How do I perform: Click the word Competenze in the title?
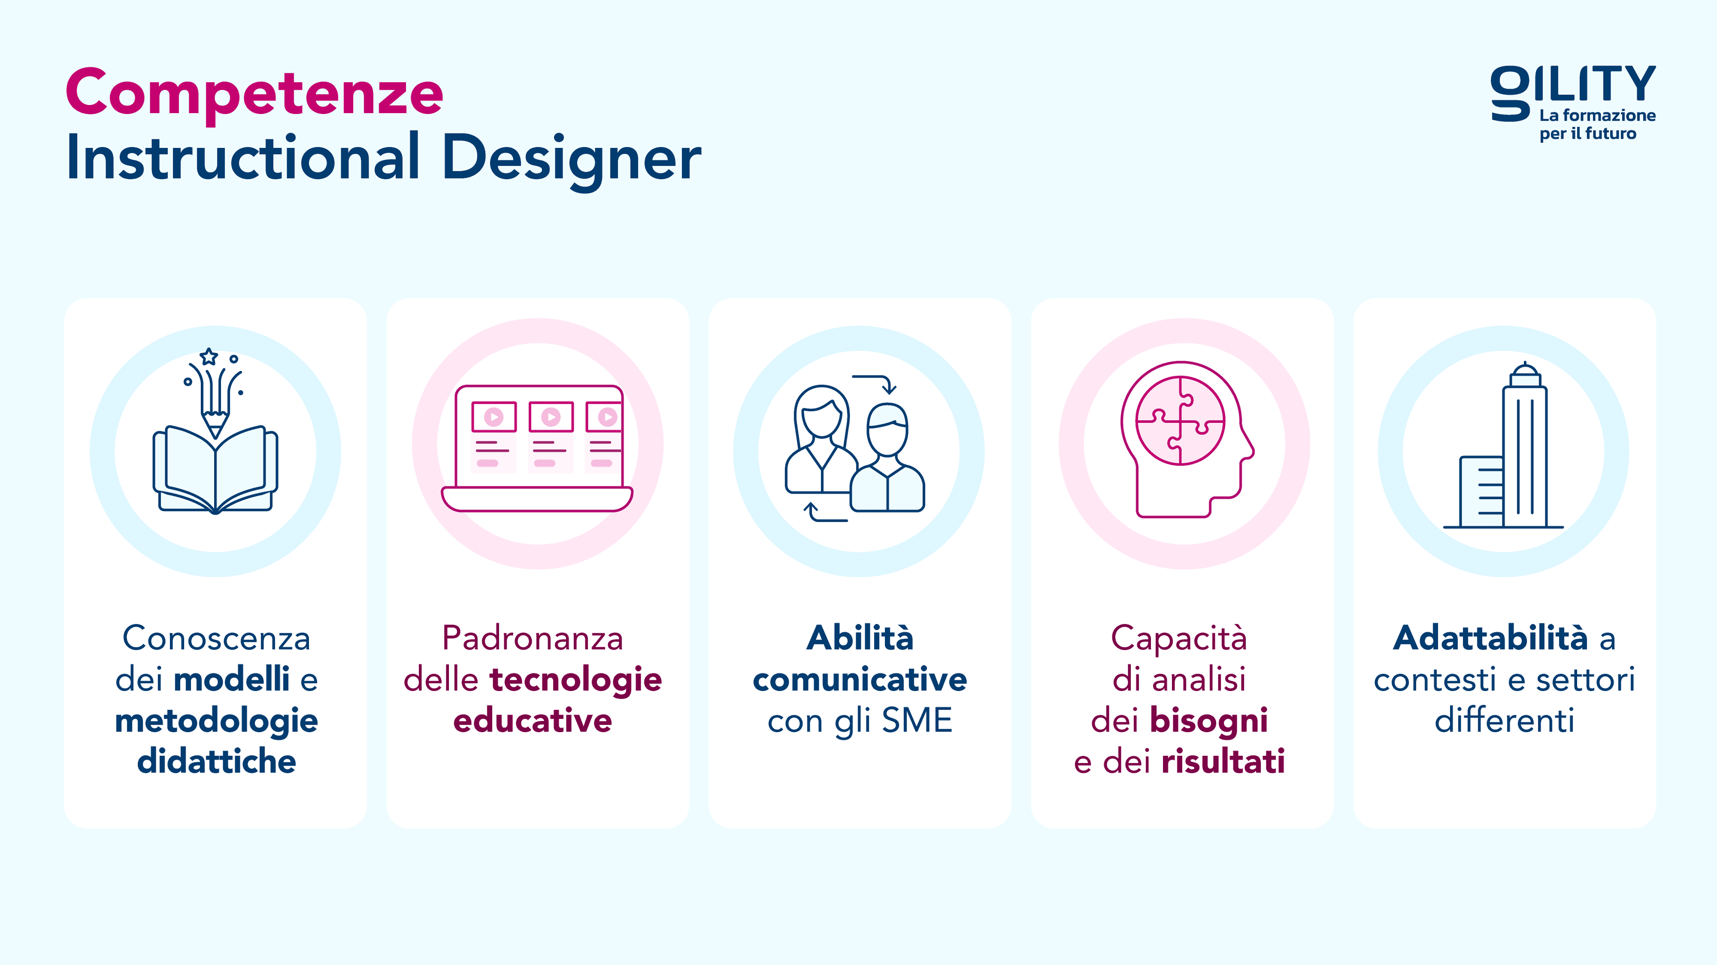(254, 93)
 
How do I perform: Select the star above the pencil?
(209, 357)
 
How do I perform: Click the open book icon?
(215, 470)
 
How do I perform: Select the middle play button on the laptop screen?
(550, 417)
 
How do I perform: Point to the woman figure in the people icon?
(821, 440)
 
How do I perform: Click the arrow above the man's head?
(876, 383)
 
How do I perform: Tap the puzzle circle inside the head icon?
(1180, 421)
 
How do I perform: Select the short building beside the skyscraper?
(1481, 492)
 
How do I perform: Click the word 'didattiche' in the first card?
(216, 761)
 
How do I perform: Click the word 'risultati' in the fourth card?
(1222, 761)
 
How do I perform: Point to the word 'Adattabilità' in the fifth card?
(1490, 638)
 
